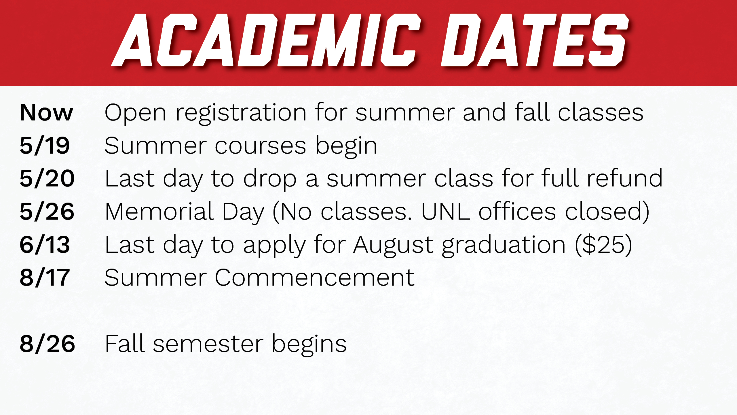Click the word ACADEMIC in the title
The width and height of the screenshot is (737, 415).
click(266, 40)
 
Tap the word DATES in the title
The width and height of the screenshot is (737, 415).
click(535, 40)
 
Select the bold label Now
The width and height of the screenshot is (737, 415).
click(46, 112)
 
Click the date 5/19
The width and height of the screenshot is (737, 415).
click(45, 146)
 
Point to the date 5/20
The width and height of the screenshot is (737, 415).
click(47, 178)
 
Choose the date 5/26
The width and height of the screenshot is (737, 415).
click(47, 212)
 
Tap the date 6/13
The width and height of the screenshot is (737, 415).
click(45, 245)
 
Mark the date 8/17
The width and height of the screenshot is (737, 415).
click(45, 278)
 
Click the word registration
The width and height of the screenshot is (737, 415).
click(241, 114)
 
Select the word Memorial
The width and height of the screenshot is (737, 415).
click(159, 212)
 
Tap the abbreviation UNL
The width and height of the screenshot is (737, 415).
click(445, 212)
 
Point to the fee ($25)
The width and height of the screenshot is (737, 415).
click(603, 245)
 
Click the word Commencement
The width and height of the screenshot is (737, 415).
click(314, 278)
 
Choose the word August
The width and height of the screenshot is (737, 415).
click(393, 246)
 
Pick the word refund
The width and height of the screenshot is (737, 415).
click(625, 178)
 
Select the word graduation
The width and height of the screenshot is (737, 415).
click(504, 246)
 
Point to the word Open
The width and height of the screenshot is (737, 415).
click(135, 114)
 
